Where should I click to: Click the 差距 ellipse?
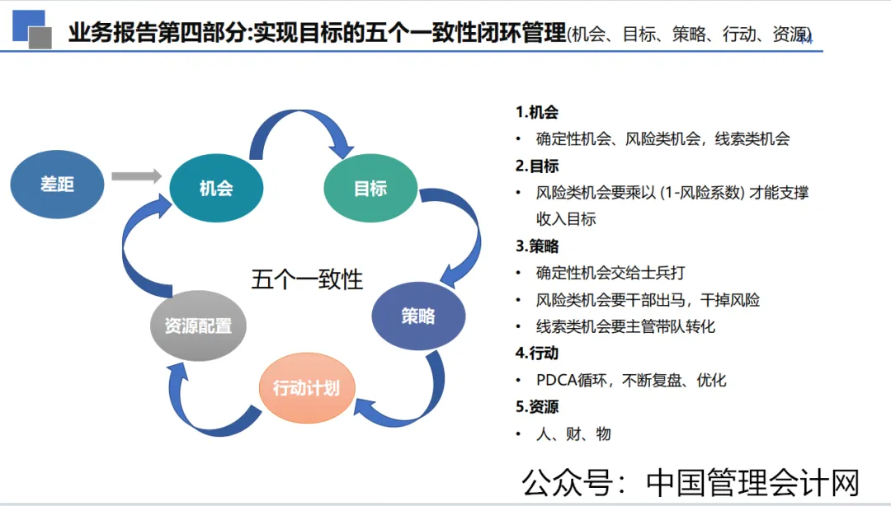pos(58,185)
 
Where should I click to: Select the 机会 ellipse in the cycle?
pos(216,188)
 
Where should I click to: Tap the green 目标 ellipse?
pos(370,188)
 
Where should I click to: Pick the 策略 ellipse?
pos(418,316)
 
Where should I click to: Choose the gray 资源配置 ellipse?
pos(198,326)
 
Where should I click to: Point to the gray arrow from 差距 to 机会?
pos(136,176)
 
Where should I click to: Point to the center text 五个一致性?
pos(307,279)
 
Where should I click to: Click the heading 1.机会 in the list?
pos(537,112)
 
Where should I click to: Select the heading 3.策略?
pos(537,246)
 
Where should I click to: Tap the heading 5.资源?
pos(537,407)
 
